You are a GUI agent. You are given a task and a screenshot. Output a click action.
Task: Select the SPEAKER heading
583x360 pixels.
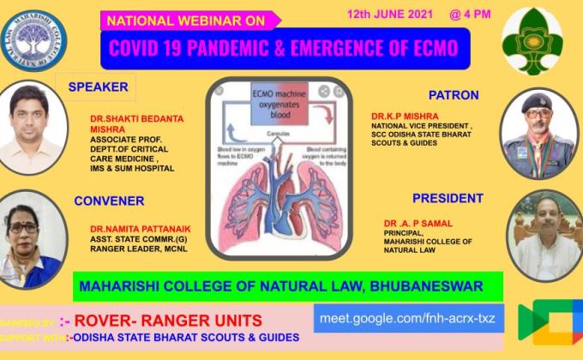pos(98,87)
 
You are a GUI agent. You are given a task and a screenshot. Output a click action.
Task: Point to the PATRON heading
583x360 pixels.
pos(454,94)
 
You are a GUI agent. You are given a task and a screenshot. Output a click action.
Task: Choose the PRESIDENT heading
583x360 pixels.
pos(448,198)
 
